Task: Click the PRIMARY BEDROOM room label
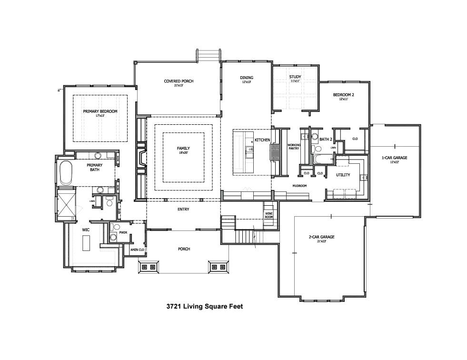coord(100,111)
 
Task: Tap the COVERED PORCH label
coord(179,81)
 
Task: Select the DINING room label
coord(246,78)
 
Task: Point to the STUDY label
coord(295,77)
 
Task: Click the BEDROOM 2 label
coord(343,95)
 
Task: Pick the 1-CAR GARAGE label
coord(394,158)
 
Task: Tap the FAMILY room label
coord(183,149)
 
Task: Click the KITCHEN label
coord(262,140)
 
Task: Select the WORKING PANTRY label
coord(294,146)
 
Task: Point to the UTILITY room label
coord(343,175)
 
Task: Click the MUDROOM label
coord(299,186)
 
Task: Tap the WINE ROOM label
coord(269,215)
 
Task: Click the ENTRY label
coord(183,209)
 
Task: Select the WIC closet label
coord(86,230)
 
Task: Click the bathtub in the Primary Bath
coord(65,173)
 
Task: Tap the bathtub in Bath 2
coord(324,159)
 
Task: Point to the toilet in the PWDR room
coord(113,237)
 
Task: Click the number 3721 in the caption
coord(174,307)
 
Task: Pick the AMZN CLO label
coord(137,250)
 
